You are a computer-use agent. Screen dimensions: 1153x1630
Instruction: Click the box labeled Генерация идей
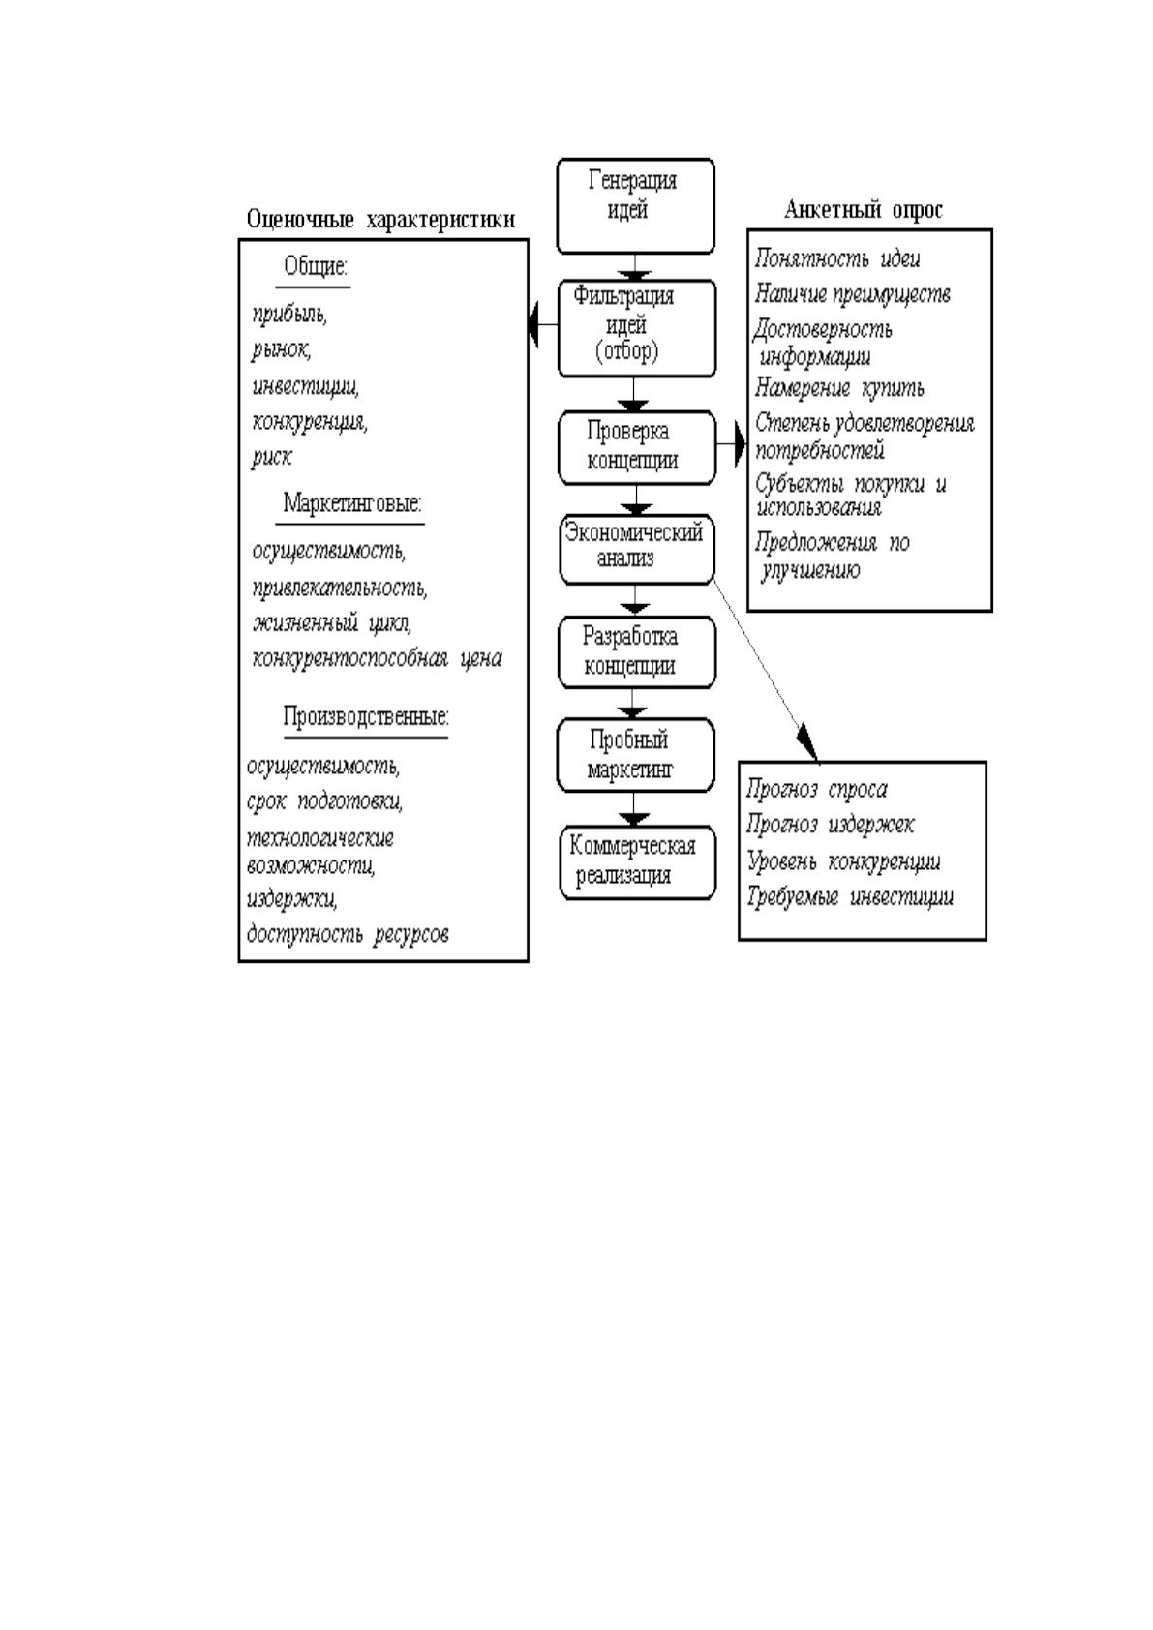coord(635,206)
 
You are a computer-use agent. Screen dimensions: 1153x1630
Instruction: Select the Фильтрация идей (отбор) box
coord(637,328)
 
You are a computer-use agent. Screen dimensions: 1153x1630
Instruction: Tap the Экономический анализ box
coord(637,550)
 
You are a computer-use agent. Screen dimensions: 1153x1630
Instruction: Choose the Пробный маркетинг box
coord(635,755)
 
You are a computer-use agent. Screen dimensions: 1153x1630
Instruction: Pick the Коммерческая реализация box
coord(638,862)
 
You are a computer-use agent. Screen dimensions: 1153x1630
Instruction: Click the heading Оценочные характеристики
coord(380,219)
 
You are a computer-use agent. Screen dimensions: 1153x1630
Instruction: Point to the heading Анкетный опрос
coord(864,210)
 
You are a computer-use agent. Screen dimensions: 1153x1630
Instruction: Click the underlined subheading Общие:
coord(316,266)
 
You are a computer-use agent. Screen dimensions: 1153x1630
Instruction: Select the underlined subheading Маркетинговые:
coord(351,502)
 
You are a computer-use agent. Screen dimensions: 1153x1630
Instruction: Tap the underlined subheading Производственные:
coord(365,717)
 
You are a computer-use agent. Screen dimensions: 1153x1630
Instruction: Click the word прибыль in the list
coord(288,315)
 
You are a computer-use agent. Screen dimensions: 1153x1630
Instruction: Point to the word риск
coord(271,457)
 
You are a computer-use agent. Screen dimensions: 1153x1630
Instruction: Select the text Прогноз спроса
coord(817,790)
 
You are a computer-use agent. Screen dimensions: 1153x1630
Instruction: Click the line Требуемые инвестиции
coord(850,896)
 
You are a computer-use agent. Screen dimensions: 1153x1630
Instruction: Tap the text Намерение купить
coord(839,388)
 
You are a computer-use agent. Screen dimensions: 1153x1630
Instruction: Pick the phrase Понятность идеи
coord(837,258)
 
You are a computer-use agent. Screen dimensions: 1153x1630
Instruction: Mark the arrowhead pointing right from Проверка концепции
coord(741,444)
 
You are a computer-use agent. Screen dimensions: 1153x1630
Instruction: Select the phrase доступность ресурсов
coord(348,934)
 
